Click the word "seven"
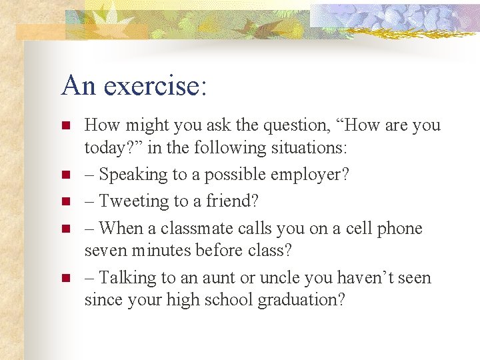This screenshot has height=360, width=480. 104,251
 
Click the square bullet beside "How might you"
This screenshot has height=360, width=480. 65,125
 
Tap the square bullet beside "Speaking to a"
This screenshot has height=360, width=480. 65,175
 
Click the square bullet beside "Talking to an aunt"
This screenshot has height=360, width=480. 65,278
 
